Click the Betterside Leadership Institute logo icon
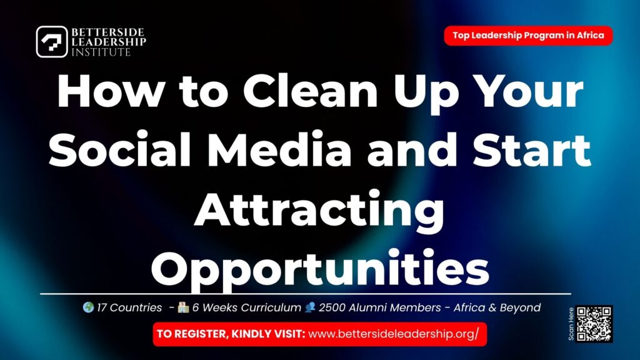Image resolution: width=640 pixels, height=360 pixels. pos(52,42)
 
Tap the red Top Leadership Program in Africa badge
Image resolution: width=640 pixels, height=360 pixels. pos(528,36)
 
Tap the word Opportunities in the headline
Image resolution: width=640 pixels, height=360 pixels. pos(319,268)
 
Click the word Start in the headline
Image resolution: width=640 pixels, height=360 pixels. pos(531,151)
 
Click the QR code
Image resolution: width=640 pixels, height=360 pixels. pos(594,324)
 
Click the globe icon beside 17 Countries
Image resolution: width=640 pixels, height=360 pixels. pos(88,307)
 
